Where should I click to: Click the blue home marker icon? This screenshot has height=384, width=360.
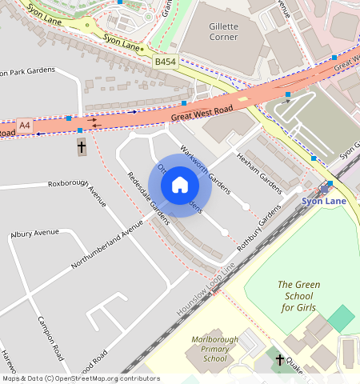point(180,186)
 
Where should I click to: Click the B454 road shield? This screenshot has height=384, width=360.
point(166,61)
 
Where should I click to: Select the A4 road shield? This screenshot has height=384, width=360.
point(25,126)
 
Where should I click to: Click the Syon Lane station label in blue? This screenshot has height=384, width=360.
point(323,201)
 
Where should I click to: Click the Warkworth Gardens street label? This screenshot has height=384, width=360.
point(205,170)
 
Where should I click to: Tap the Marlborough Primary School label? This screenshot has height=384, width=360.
point(215,349)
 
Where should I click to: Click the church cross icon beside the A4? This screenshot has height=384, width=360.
point(81,146)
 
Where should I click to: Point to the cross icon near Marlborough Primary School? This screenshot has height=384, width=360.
point(279,360)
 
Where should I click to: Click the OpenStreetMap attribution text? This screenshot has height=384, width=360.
point(80,378)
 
